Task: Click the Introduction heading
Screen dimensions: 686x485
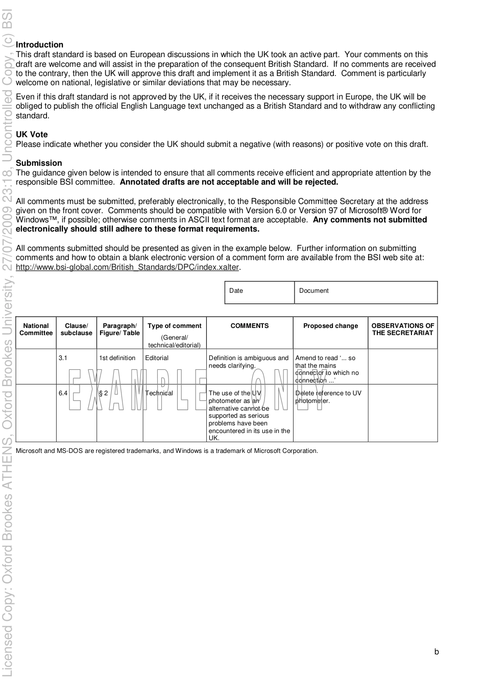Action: pos(40,45)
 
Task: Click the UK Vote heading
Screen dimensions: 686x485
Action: pos(32,135)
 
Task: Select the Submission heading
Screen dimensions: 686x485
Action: pos(39,163)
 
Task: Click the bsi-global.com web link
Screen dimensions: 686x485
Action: pos(127,267)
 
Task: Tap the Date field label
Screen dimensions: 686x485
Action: pos(236,291)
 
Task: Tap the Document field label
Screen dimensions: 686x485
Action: pos(313,291)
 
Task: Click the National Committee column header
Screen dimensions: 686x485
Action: pos(36,329)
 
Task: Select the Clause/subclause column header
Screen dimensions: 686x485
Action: pos(76,329)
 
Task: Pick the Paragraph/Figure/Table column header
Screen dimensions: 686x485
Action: pos(119,329)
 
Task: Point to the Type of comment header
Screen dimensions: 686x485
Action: pos(175,326)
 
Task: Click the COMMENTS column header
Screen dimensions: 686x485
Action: pos(250,326)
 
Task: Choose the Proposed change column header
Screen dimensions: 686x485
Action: pos(330,326)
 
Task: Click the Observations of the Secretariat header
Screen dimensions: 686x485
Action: pos(403,329)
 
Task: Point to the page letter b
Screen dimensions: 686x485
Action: pos(436,652)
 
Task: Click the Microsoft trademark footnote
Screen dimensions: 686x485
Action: pos(167,451)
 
